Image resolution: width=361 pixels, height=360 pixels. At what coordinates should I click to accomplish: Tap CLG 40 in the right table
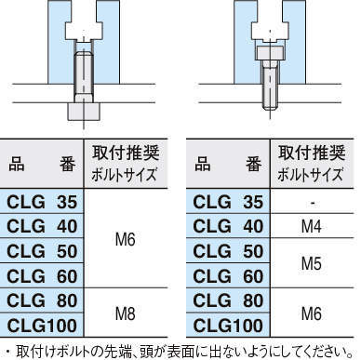pyautogui.click(x=226, y=225)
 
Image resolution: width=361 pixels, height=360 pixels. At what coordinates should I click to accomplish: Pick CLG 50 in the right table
pyautogui.click(x=226, y=251)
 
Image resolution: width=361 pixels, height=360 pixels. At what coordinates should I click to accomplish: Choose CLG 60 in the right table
pyautogui.click(x=226, y=276)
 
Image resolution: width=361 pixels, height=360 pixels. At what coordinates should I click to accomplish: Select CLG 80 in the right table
pyautogui.click(x=226, y=301)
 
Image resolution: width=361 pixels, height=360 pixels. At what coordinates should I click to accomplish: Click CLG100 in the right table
pyautogui.click(x=226, y=326)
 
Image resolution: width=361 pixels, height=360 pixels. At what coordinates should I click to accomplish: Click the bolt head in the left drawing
pyautogui.click(x=81, y=110)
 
